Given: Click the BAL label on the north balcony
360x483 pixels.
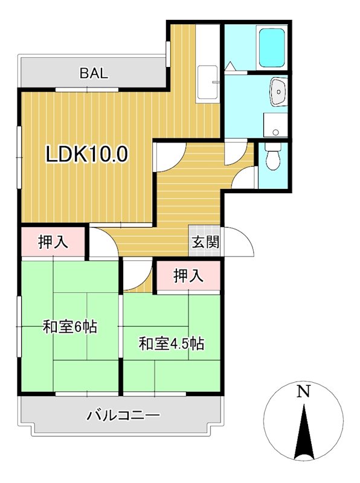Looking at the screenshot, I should pos(94,74).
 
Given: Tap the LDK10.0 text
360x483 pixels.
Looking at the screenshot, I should pos(88,155).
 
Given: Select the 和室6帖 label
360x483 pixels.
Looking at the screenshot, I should pos(70,327).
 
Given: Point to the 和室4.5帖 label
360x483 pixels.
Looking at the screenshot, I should pos(171,345).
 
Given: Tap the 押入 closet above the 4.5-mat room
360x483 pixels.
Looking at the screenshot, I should pos(188,277).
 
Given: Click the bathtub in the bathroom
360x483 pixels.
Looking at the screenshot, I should pos(272,48).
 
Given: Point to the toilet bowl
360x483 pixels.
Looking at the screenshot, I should pos(273,158).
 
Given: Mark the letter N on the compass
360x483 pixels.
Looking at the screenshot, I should pos(304,392).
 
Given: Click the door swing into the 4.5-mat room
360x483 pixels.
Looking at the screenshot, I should pos(137,275).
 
